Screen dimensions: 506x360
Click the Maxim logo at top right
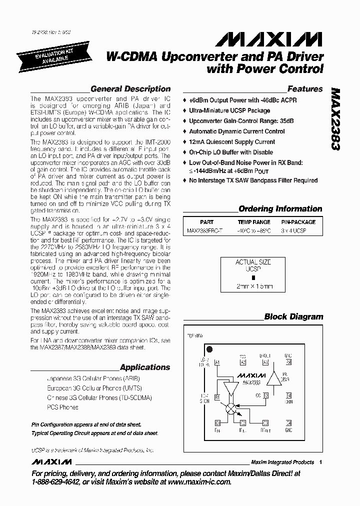[x=272, y=39]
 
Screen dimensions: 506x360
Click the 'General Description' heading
[x=130, y=89]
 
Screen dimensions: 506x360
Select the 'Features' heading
[x=305, y=89]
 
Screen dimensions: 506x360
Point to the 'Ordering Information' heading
[x=280, y=209]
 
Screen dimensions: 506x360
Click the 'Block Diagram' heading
[x=293, y=316]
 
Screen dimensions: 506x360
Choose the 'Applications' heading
[x=145, y=367]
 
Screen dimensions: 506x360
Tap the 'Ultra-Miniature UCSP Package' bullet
[x=229, y=110]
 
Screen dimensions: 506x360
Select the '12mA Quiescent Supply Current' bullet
[x=232, y=142]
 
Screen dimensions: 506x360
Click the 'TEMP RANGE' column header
[x=254, y=222]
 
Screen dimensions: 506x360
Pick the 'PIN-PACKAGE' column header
[x=298, y=222]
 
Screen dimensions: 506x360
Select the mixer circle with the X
[x=230, y=408]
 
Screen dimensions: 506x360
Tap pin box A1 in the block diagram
[x=217, y=362]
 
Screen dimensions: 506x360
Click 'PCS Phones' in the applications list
[x=62, y=407]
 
